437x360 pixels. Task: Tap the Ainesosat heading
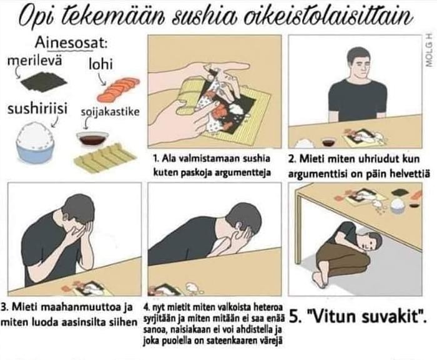[x=71, y=44]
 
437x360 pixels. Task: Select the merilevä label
[x=34, y=61]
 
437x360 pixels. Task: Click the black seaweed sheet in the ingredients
[x=44, y=81]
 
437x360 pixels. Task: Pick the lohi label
[x=101, y=64]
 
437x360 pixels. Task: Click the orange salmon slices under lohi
[x=118, y=89]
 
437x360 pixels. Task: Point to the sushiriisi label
[x=37, y=109]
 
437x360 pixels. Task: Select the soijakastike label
[x=110, y=112]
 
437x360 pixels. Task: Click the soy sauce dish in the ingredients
[x=92, y=139]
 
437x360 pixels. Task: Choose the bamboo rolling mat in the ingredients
[x=105, y=157]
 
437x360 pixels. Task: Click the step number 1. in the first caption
[x=156, y=159]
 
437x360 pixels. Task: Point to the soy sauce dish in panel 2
[x=330, y=141]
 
